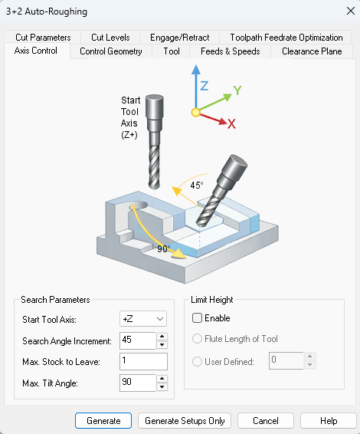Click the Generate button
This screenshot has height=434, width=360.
tap(103, 420)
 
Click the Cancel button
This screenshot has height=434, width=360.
tap(266, 420)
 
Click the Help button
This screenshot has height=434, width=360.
tap(329, 420)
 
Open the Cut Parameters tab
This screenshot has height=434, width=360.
tap(43, 37)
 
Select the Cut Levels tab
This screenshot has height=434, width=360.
tap(110, 37)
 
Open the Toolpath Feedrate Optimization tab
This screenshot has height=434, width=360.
tap(286, 37)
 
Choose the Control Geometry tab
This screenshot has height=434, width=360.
tap(111, 51)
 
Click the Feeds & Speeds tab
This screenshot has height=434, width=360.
tap(230, 51)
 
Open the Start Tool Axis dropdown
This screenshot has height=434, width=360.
tap(143, 318)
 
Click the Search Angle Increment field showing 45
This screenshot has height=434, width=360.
tap(137, 340)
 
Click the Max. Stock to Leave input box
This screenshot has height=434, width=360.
tap(143, 361)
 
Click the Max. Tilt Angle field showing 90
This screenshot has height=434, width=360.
tap(137, 383)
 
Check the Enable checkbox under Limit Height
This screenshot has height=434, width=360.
tap(198, 318)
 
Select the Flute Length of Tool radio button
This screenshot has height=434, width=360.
tap(198, 339)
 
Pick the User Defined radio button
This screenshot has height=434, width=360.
tap(198, 361)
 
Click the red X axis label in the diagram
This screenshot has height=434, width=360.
tap(231, 123)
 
